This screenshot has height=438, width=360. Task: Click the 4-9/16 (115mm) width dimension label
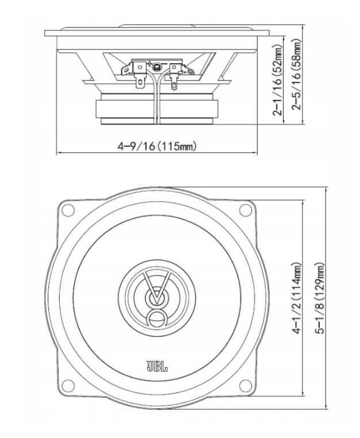(x=157, y=146)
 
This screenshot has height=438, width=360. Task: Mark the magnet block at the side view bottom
(x=156, y=109)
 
